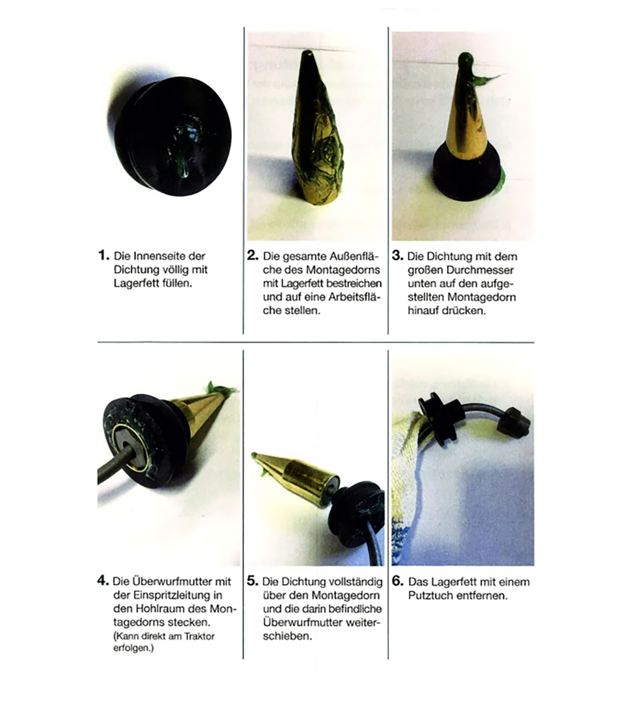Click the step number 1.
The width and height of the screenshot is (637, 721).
coord(103,256)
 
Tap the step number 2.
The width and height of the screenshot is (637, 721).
coord(253,256)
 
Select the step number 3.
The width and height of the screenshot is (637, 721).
coord(397,256)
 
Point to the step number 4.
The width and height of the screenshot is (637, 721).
coord(103,580)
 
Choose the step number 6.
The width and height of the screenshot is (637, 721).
coord(397,581)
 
